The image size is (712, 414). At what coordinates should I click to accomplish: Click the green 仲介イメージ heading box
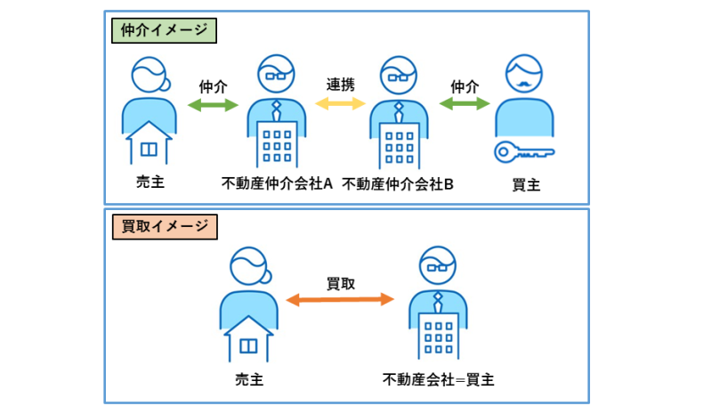pyautogui.click(x=166, y=30)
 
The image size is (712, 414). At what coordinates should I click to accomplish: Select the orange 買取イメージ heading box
pyautogui.click(x=166, y=227)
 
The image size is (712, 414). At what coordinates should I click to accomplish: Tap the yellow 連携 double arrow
pyautogui.click(x=340, y=104)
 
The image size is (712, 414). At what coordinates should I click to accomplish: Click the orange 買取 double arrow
pyautogui.click(x=340, y=301)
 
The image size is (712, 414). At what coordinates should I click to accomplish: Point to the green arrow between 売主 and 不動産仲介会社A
pyautogui.click(x=214, y=105)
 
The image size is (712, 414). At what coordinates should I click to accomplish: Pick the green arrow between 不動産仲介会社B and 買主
pyautogui.click(x=465, y=105)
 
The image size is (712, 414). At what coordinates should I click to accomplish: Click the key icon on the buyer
pyautogui.click(x=524, y=151)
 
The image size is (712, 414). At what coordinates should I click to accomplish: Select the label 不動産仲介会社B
pyautogui.click(x=398, y=185)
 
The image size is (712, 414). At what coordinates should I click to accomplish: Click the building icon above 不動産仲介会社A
pyautogui.click(x=277, y=142)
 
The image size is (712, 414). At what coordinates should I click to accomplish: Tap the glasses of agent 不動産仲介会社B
pyautogui.click(x=398, y=77)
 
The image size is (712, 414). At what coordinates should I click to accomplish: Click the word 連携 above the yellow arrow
pyautogui.click(x=340, y=85)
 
